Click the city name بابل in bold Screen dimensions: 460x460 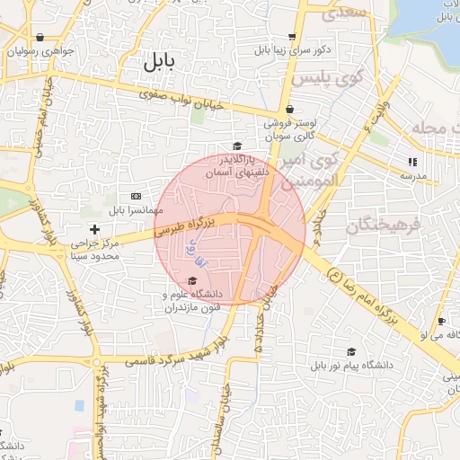(155, 62)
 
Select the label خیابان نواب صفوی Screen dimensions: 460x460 (179, 99)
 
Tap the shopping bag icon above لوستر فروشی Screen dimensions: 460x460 (288, 109)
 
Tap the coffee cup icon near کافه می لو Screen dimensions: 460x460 (441, 321)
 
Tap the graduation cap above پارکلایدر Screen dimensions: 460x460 (237, 146)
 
